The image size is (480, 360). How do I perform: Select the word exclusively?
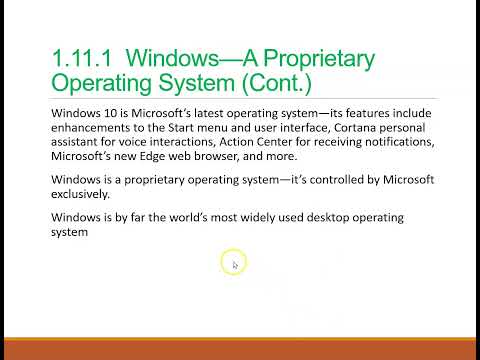click(85, 195)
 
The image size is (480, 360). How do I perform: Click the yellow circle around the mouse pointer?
click(232, 264)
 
